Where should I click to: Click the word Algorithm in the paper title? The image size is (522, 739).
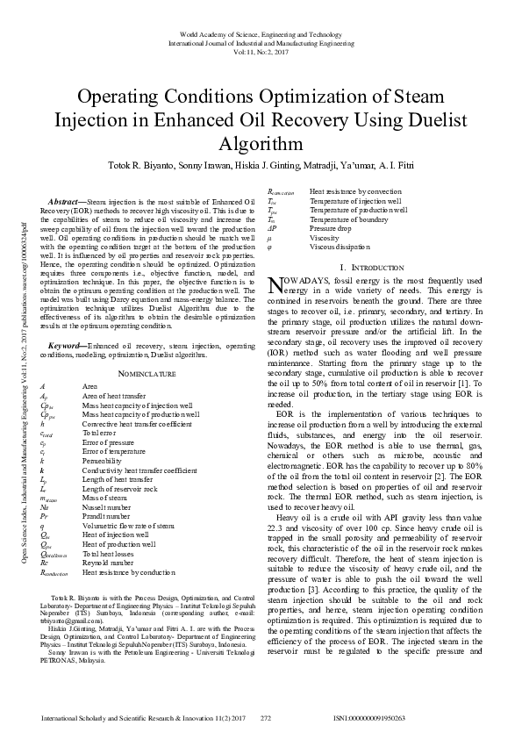261,143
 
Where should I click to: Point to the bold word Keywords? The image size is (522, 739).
67,347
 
